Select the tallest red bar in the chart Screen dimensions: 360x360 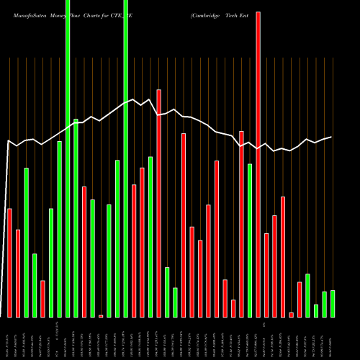258,164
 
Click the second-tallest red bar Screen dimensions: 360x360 159,203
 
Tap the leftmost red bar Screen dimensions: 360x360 9,262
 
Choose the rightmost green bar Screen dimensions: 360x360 333,303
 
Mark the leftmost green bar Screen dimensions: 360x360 26,242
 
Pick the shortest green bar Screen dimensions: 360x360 316,310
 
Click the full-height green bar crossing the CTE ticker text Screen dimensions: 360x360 126,158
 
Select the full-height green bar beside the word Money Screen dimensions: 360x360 68,158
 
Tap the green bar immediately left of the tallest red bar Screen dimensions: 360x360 250,240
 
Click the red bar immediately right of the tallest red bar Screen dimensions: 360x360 266,275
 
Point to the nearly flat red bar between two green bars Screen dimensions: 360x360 101,315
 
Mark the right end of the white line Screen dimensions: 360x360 332,137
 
